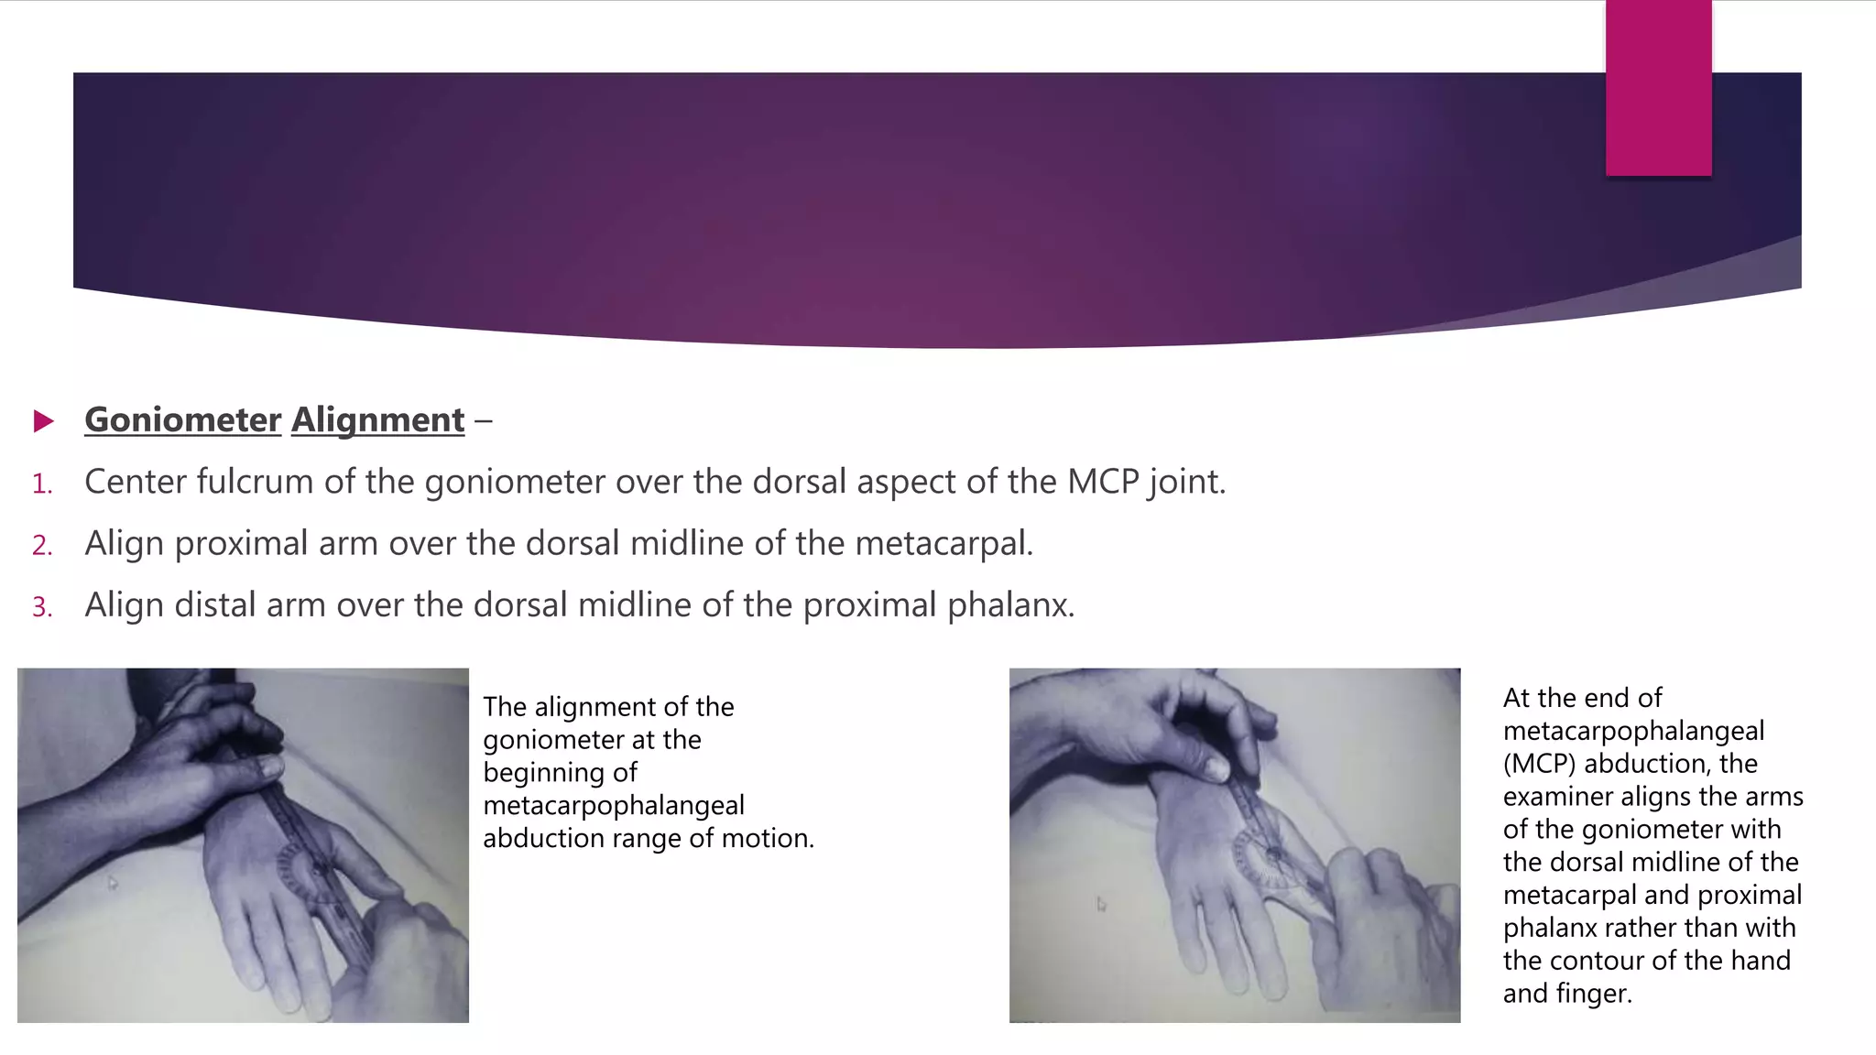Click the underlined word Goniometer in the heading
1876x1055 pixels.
tap(182, 420)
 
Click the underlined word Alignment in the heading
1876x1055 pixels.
tap(377, 420)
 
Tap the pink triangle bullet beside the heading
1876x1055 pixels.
tap(43, 421)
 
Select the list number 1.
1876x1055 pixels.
tap(42, 484)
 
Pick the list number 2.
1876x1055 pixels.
tap(42, 546)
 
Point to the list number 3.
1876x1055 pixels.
tap(42, 607)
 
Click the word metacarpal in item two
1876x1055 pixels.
tap(943, 544)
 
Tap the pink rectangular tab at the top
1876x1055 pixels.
tap(1658, 88)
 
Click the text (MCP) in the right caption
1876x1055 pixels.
tap(1539, 764)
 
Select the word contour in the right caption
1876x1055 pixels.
tap(1597, 961)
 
